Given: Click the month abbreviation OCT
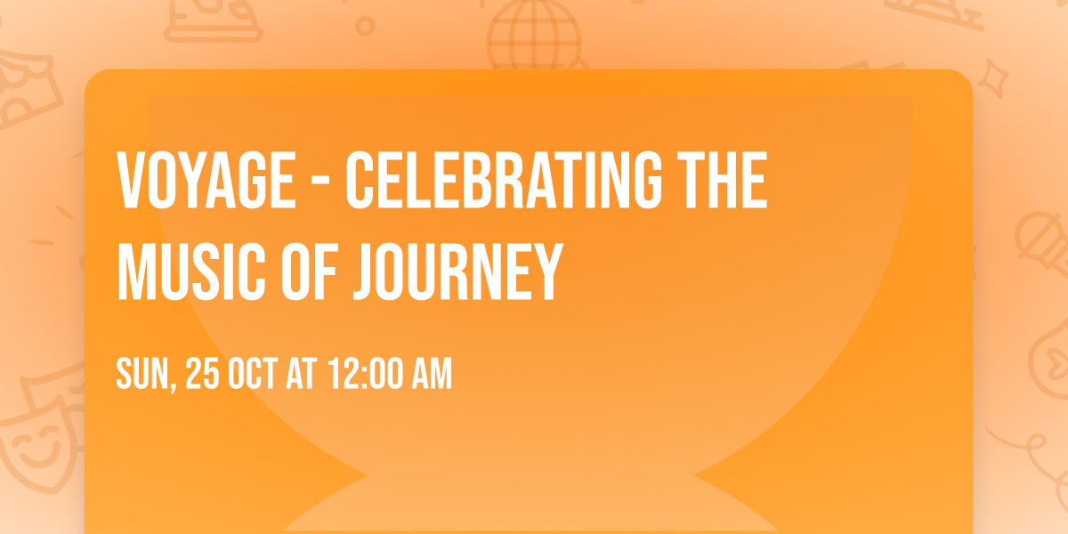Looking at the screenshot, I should click(x=253, y=374).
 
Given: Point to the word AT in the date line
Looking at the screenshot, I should click(x=302, y=374).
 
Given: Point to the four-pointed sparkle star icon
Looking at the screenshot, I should click(x=998, y=77).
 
